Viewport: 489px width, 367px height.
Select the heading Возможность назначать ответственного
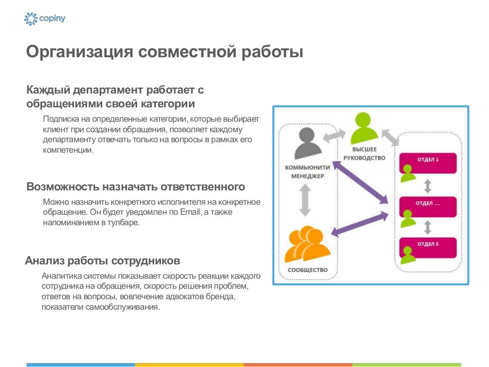click(x=136, y=187)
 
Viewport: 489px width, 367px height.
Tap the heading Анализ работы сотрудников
click(x=103, y=261)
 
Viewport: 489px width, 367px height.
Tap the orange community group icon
click(x=307, y=245)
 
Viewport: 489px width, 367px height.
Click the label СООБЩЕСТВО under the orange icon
click(x=308, y=270)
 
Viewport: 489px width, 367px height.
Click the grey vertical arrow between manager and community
click(x=305, y=200)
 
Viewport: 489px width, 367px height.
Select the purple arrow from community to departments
click(x=360, y=224)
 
